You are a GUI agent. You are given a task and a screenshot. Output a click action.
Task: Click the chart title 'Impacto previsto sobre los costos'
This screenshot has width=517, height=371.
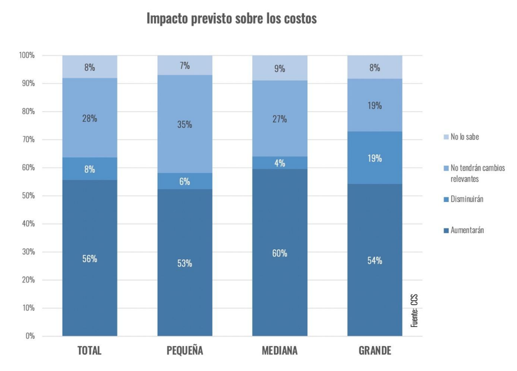tap(232, 18)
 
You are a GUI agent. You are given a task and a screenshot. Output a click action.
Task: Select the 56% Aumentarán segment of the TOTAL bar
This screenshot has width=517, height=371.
tap(90, 258)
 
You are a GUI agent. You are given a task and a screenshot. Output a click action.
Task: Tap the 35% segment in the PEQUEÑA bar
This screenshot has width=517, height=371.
tap(185, 124)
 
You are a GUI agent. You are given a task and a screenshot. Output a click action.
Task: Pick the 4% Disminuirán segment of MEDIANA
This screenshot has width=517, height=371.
tap(280, 163)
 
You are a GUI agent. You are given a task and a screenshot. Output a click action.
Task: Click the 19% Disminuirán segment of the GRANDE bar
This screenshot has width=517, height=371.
tap(375, 158)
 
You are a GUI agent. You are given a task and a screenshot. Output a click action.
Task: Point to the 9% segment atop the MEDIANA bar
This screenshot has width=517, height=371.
tap(280, 68)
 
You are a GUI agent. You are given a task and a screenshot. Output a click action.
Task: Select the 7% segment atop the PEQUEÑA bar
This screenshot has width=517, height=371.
tap(185, 65)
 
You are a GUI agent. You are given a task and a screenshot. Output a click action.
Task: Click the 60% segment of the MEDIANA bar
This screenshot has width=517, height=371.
tap(280, 253)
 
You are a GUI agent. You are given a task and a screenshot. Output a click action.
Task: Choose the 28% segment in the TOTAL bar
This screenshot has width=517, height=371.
tap(90, 118)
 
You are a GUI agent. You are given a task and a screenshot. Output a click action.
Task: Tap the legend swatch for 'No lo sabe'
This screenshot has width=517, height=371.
tap(446, 137)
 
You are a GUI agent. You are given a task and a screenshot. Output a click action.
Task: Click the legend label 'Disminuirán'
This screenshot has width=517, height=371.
tap(467, 199)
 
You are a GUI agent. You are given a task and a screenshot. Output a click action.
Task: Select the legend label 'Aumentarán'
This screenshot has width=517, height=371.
tap(467, 230)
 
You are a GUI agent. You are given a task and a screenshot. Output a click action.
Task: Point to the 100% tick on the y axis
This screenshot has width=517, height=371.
tap(26, 55)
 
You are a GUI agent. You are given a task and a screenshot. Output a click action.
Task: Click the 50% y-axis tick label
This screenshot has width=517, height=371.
tap(27, 195)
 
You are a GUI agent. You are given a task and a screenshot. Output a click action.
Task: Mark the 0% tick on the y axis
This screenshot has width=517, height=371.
tap(30, 336)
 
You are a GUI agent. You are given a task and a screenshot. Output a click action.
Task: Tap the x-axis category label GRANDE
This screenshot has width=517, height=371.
tap(375, 351)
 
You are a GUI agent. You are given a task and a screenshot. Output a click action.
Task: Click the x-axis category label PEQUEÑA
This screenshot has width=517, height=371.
tap(185, 351)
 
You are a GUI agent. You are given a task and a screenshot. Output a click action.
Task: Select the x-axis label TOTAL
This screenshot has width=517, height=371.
tap(90, 351)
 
